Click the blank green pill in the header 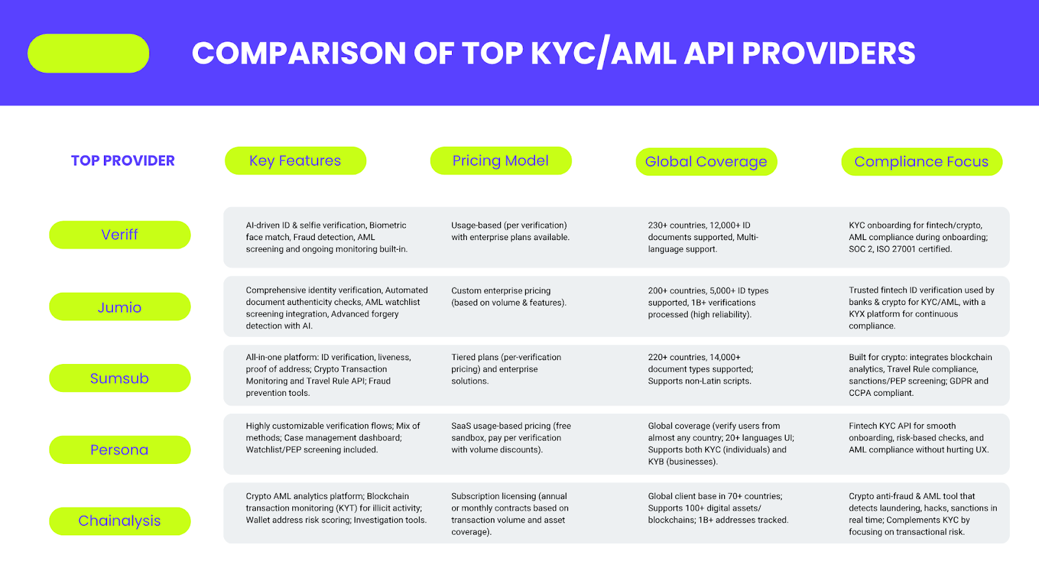(88, 53)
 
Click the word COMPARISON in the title (299, 53)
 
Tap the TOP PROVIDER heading (123, 160)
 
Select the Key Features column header (295, 161)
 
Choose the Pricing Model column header (501, 161)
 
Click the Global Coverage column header (707, 162)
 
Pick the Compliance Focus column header (921, 162)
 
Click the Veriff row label (119, 234)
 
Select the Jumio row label (119, 307)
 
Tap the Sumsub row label (119, 378)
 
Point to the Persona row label (119, 450)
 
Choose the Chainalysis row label (119, 521)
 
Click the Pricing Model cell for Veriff (510, 231)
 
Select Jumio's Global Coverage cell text (708, 302)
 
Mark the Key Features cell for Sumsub (329, 375)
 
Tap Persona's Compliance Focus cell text (919, 438)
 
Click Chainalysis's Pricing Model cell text (510, 514)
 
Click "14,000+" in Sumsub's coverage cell (725, 358)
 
